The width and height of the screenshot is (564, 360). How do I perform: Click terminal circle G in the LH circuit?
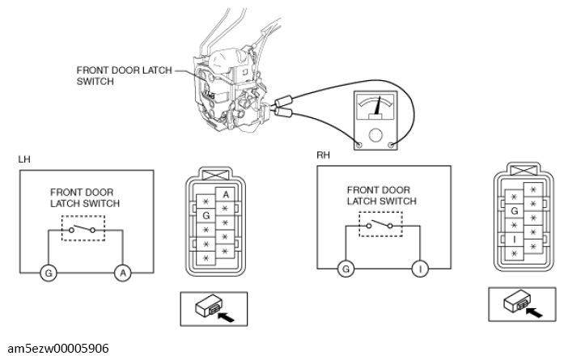point(49,273)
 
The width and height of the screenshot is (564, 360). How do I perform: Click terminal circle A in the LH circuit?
point(123,273)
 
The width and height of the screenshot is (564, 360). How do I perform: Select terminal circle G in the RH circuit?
point(346,269)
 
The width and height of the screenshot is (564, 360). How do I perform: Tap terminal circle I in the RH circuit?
point(420,269)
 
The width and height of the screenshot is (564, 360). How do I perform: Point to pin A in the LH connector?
point(226,195)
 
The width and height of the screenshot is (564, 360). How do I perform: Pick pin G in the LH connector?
point(206,215)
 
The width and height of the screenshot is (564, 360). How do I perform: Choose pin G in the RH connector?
point(515,211)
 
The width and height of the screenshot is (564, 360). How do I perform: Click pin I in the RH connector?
point(515,239)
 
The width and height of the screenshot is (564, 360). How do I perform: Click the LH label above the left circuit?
point(24,159)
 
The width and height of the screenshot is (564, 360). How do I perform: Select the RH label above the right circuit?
point(323,155)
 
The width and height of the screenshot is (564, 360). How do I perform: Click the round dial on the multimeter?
point(375,135)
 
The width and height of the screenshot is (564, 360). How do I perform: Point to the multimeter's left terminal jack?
point(359,145)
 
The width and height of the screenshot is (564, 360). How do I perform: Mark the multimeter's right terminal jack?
point(392,145)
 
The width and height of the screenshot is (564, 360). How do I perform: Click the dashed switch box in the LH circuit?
point(83,228)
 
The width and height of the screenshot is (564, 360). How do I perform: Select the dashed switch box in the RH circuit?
point(380,224)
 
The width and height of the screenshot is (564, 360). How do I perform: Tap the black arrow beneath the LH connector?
point(227,316)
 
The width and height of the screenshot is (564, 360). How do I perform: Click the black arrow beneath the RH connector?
point(534,311)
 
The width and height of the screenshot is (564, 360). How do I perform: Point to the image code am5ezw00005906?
point(58,349)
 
